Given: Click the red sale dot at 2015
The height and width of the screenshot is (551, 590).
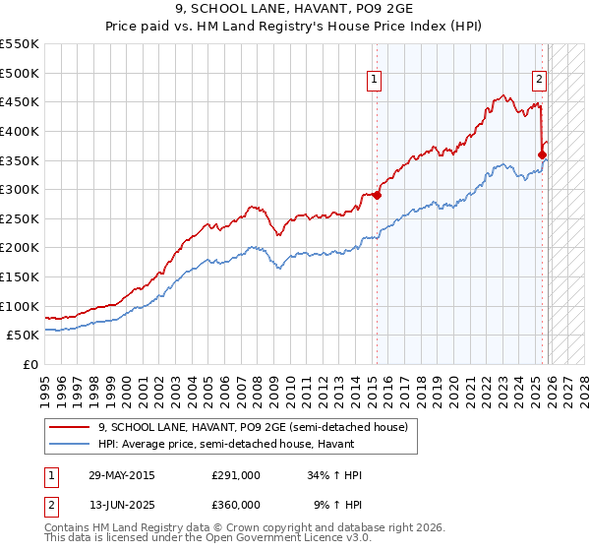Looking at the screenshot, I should tap(377, 195).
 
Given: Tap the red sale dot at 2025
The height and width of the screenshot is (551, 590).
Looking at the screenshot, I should tap(542, 154).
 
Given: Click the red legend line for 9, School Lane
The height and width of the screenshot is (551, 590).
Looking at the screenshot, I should tap(71, 427).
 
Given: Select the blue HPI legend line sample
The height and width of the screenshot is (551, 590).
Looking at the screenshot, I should tap(71, 445).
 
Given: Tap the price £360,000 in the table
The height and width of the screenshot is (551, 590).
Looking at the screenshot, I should tap(236, 504).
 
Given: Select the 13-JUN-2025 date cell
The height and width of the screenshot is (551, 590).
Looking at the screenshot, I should tap(121, 504).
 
